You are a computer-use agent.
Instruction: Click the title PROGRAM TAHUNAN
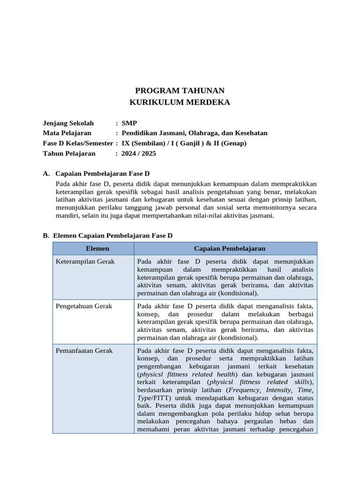click(180, 90)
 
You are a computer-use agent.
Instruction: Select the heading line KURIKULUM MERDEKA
click(180, 102)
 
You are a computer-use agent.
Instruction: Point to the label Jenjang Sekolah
click(68, 123)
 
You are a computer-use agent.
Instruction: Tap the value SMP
click(129, 123)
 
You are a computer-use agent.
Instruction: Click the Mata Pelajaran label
click(67, 133)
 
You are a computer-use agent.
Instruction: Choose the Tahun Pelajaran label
click(69, 153)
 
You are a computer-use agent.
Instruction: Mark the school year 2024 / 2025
click(139, 153)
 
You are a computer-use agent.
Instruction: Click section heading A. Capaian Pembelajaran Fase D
click(96, 173)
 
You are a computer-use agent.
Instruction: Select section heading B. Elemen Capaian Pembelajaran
click(107, 235)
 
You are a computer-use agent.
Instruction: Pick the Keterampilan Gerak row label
click(85, 262)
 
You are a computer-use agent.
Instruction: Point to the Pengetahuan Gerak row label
click(84, 306)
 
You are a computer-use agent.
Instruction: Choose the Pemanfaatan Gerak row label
click(84, 351)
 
